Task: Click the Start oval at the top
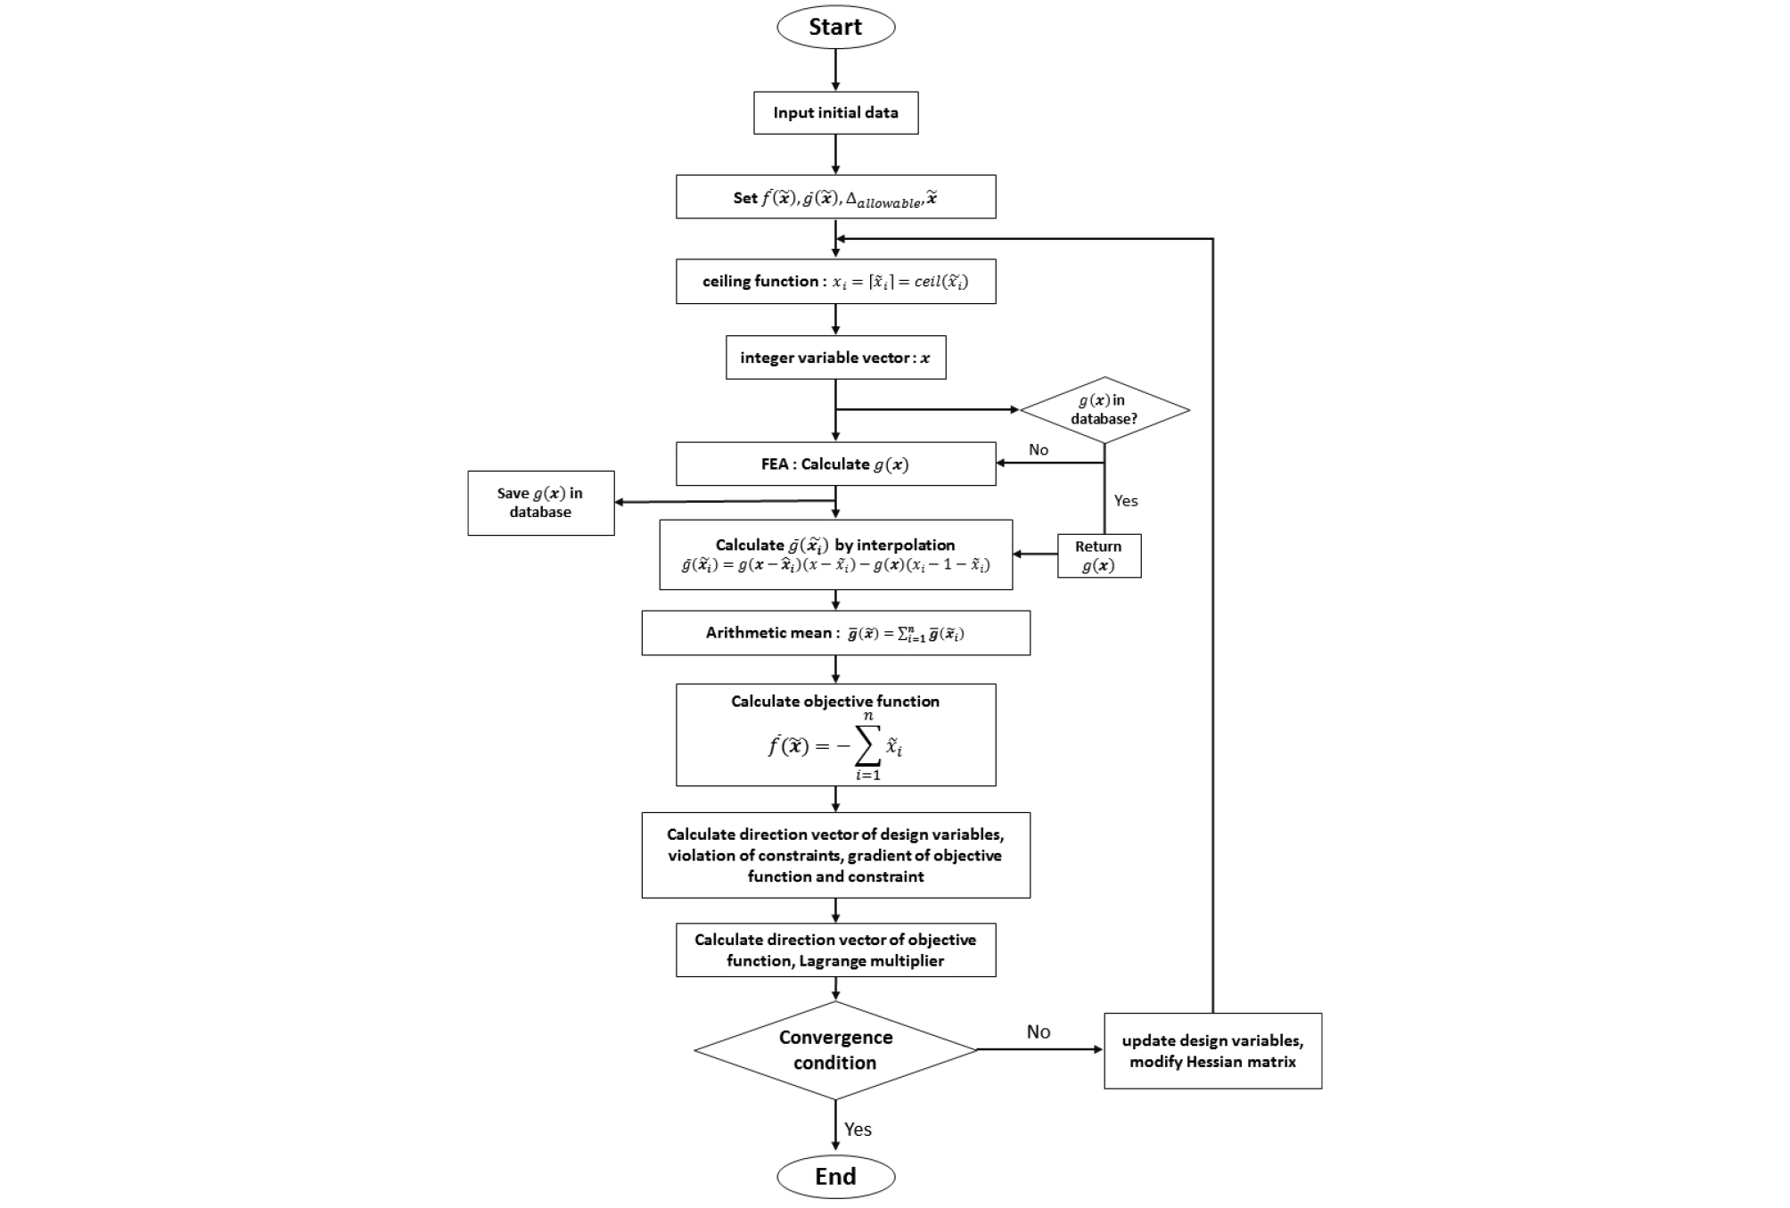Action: pyautogui.click(x=835, y=27)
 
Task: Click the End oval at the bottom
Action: pyautogui.click(x=835, y=1177)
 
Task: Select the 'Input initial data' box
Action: pyautogui.click(x=835, y=113)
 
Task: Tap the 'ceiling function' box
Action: pyautogui.click(x=835, y=282)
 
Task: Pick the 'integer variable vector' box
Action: pyautogui.click(x=835, y=357)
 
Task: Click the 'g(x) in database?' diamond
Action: pyautogui.click(x=1104, y=409)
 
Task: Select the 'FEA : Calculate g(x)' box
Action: pyautogui.click(x=835, y=464)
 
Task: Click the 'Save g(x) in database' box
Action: pyautogui.click(x=540, y=503)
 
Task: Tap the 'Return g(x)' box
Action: pyautogui.click(x=1098, y=556)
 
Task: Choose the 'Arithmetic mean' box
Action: pyautogui.click(x=835, y=633)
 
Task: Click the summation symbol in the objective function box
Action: pyautogui.click(x=866, y=745)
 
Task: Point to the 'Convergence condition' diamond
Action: pyautogui.click(x=835, y=1049)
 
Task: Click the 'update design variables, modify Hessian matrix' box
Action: pyautogui.click(x=1212, y=1051)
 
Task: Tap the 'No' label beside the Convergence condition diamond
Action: pyautogui.click(x=1038, y=1031)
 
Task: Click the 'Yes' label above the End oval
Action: pyautogui.click(x=858, y=1129)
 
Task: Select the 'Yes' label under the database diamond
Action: pyautogui.click(x=1125, y=501)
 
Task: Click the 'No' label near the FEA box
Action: pyautogui.click(x=1038, y=449)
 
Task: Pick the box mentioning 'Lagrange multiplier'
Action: pyautogui.click(x=835, y=950)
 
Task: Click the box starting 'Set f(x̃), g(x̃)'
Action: pyautogui.click(x=835, y=197)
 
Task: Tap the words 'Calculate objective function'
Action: pyautogui.click(x=835, y=702)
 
